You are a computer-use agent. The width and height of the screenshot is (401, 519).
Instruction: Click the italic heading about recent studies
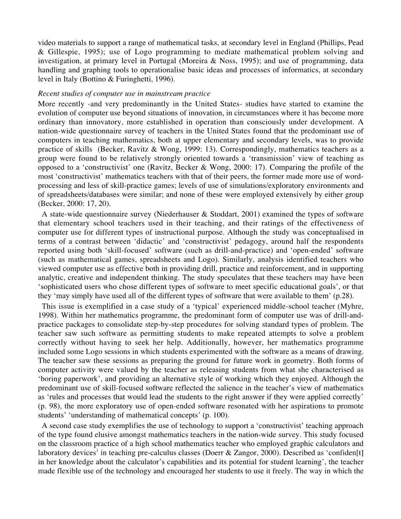coord(124,94)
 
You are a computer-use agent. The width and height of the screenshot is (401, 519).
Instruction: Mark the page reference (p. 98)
coord(49,406)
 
